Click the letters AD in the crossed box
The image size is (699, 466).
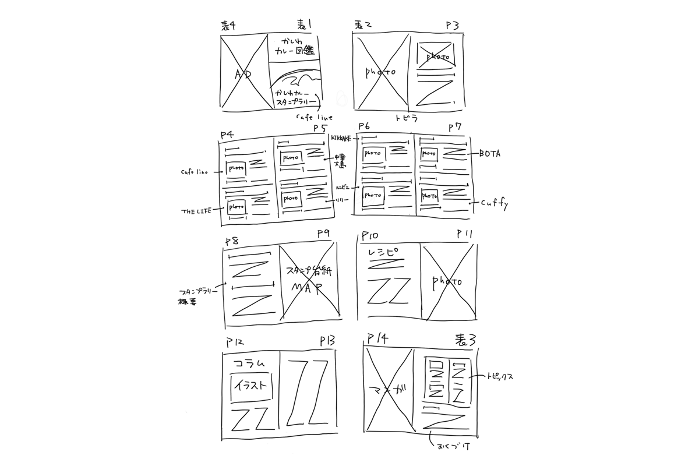242,74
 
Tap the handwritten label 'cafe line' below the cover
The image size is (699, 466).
314,118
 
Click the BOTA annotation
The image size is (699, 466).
490,154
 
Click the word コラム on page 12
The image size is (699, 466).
249,363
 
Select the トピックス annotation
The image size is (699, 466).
499,377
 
